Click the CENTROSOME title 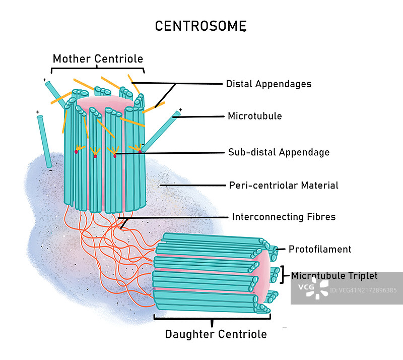tap(200, 26)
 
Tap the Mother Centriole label tap(98, 58)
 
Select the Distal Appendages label tap(268, 84)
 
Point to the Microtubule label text tap(254, 116)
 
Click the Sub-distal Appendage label tap(279, 152)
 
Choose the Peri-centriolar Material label tap(284, 185)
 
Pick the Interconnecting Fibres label tap(284, 217)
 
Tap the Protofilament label tap(320, 249)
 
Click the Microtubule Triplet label tap(334, 275)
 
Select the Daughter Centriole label tap(216, 334)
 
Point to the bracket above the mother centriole tap(98, 69)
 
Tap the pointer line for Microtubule tap(201, 116)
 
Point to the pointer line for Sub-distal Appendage tap(181, 152)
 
